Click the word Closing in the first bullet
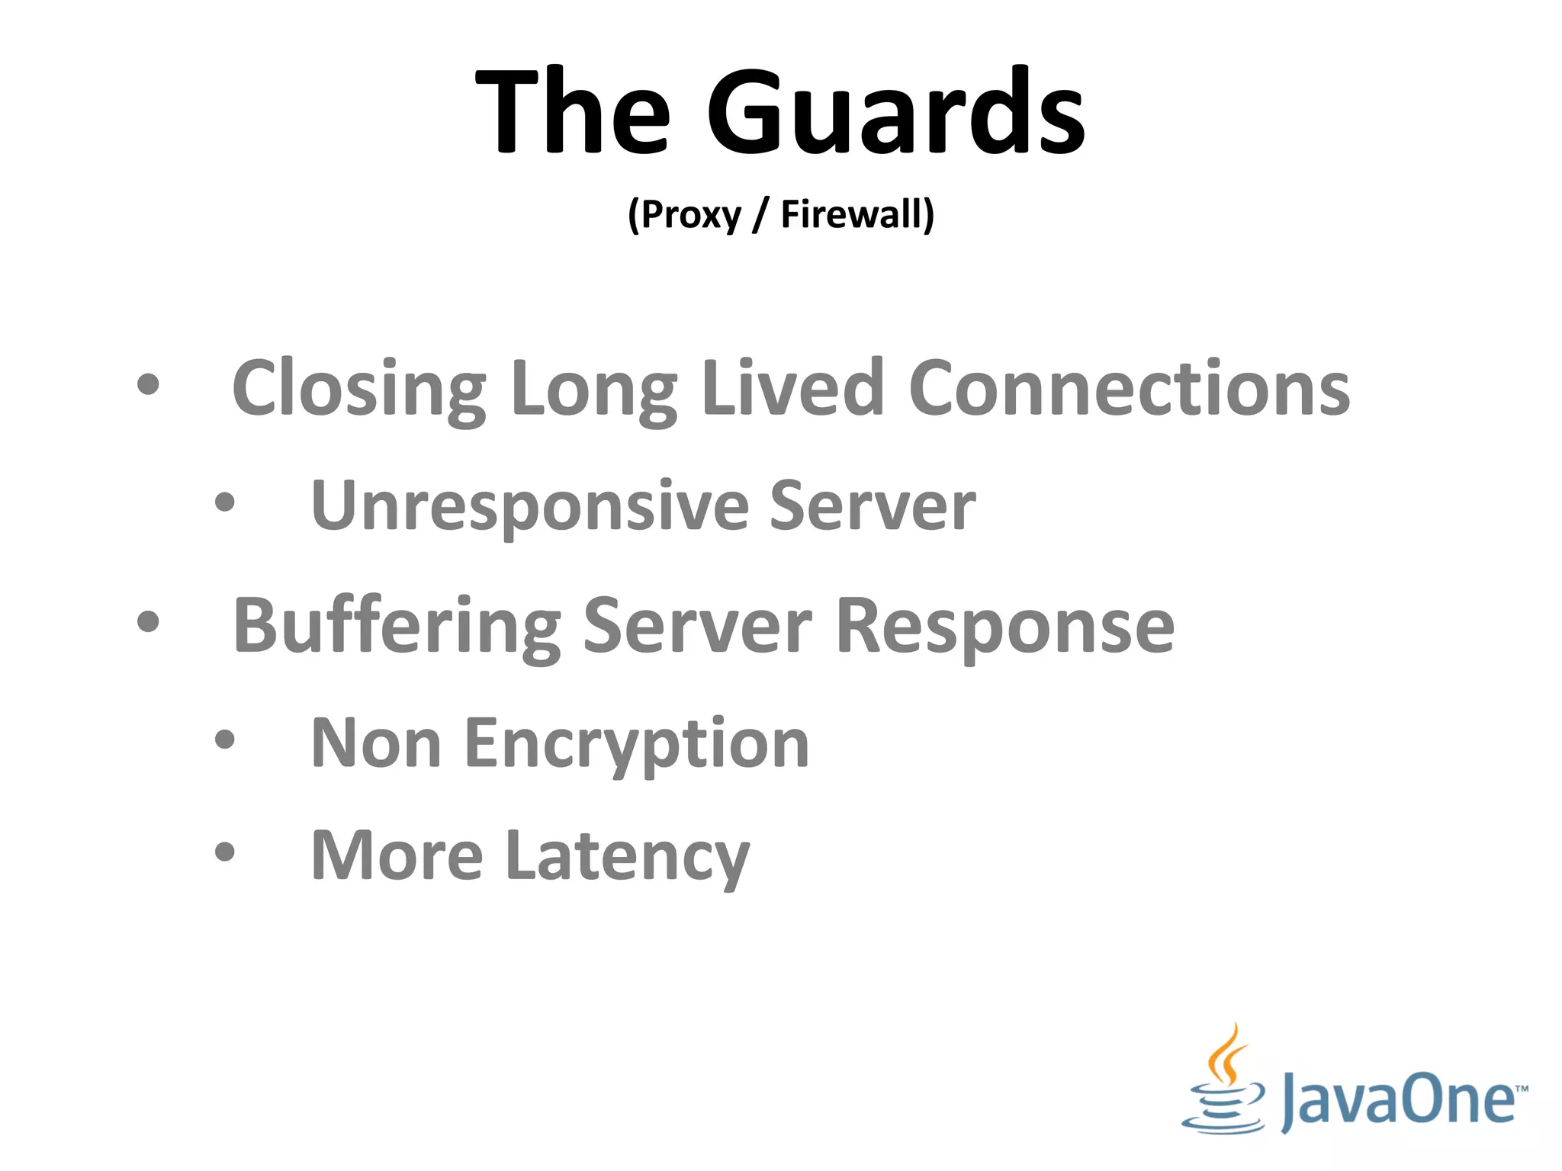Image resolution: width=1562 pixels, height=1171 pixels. coord(359,389)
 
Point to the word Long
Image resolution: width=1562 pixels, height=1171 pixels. coord(593,389)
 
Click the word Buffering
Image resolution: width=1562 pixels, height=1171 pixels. coord(397,627)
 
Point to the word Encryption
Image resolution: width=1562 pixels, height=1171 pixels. coord(637,744)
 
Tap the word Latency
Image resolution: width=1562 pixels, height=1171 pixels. coord(627,857)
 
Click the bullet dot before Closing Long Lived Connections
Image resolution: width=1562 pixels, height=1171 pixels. coord(148,385)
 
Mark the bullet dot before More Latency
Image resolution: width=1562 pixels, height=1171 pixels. coord(224,851)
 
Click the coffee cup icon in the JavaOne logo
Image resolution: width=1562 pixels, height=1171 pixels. coord(1223,1083)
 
